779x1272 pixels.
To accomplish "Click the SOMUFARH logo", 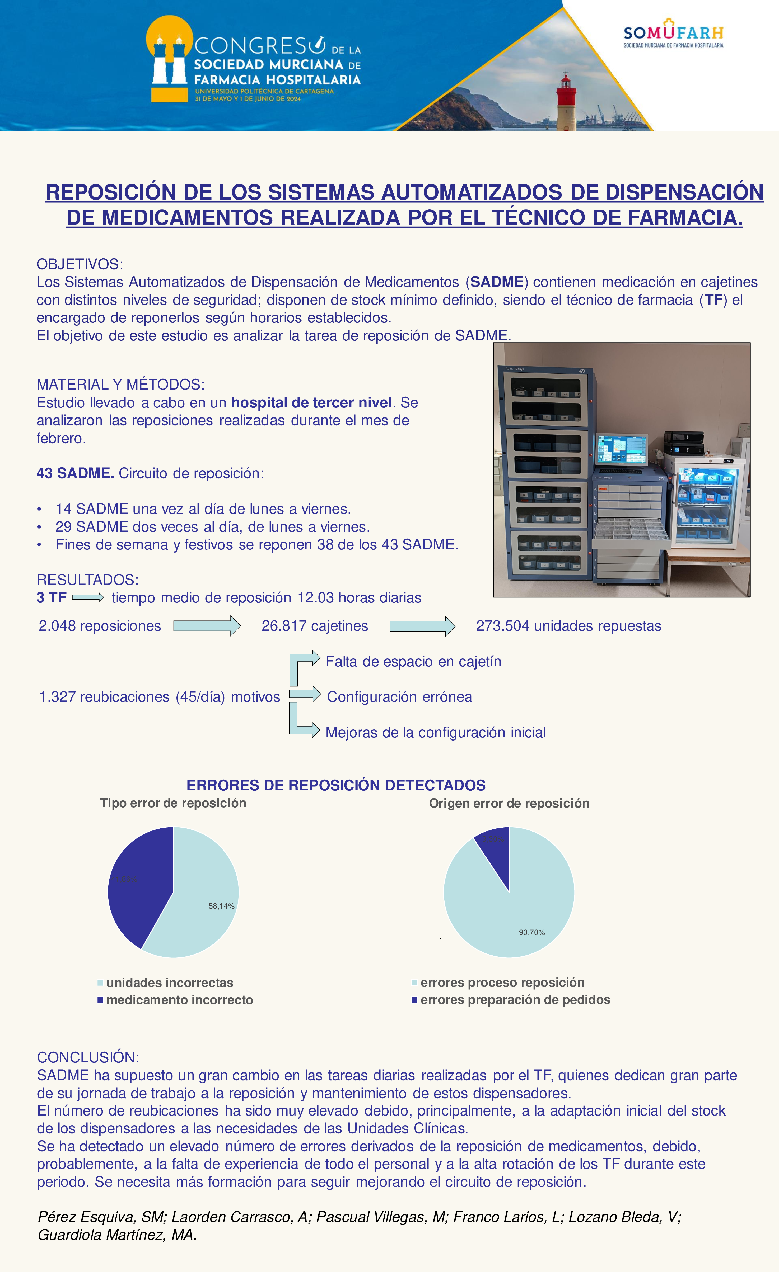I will pyautogui.click(x=673, y=34).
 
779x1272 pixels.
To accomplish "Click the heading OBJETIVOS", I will pyautogui.click(x=80, y=264).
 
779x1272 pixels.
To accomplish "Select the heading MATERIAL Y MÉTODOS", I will pyautogui.click(x=120, y=385).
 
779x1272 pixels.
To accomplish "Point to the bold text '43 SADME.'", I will pyautogui.click(x=75, y=473).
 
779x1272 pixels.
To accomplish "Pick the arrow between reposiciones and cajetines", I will pyautogui.click(x=207, y=626).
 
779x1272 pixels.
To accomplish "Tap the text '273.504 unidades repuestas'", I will pyautogui.click(x=568, y=626).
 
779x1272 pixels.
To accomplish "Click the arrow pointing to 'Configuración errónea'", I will pyautogui.click(x=305, y=694).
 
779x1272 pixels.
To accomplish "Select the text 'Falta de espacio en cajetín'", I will pyautogui.click(x=413, y=662).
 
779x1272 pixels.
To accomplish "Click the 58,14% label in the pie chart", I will pyautogui.click(x=221, y=906).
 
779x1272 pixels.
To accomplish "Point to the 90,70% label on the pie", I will pyautogui.click(x=531, y=932).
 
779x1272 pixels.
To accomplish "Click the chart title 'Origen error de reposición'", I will pyautogui.click(x=509, y=803).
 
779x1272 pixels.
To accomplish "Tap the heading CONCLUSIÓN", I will pyautogui.click(x=88, y=1057).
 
